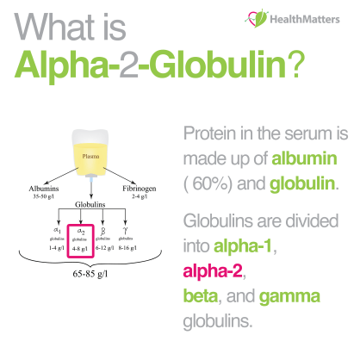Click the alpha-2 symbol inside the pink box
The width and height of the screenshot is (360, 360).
tap(79, 231)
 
